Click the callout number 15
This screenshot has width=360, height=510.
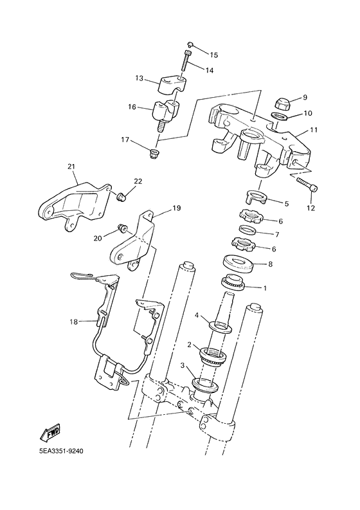tap(214, 55)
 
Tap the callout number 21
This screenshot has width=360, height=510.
tap(71, 167)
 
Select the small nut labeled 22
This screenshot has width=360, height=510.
tap(121, 194)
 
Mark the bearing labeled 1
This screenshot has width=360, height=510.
tap(233, 281)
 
